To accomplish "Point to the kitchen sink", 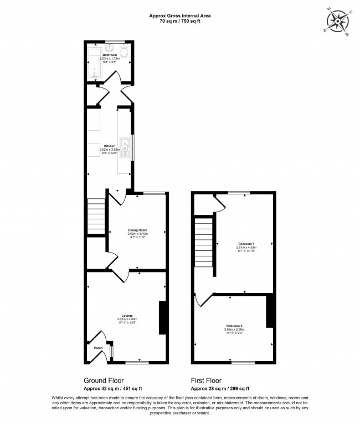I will pos(127,148).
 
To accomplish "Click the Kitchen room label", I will pos(109,146).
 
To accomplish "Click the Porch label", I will pos(97,348).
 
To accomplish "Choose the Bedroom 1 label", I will pos(246,244).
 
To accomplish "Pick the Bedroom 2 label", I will pos(234,325).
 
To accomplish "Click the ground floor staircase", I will pos(96,217).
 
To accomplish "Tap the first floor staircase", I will pos(204,241).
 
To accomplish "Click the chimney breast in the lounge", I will pos(163,318).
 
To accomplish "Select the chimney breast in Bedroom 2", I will pos(270,311).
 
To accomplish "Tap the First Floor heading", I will pos(207,380).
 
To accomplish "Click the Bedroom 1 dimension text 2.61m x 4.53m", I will pos(246,248).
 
